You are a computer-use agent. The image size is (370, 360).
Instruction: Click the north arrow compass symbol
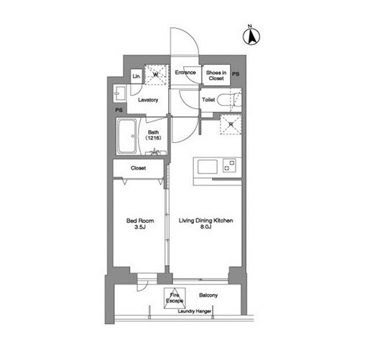[x=251, y=37]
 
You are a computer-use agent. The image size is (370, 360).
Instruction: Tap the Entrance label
[x=185, y=73]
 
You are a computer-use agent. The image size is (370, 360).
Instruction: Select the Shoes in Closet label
[x=216, y=75]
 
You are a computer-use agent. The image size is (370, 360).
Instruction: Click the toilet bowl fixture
[x=229, y=100]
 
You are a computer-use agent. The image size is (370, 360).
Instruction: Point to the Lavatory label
[x=148, y=100]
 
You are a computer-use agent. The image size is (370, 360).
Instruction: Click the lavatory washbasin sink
[x=119, y=93]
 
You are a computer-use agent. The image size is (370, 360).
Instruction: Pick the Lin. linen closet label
[x=137, y=76]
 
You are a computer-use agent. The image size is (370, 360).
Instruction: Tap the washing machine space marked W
[x=156, y=75]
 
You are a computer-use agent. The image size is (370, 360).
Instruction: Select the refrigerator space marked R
[x=231, y=124]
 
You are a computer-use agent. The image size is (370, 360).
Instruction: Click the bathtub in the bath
[x=126, y=136]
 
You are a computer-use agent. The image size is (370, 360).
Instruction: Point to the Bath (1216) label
[x=153, y=135]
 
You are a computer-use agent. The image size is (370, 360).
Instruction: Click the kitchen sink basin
[x=208, y=167]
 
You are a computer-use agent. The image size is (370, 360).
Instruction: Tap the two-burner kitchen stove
[x=229, y=165]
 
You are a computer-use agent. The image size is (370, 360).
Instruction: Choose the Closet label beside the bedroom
[x=139, y=168]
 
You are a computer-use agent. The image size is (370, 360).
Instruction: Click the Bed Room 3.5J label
[x=140, y=223]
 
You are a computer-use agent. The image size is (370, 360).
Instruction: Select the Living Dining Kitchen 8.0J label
[x=205, y=223]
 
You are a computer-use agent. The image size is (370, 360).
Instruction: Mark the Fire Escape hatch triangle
[x=175, y=298]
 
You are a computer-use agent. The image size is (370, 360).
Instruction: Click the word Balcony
[x=208, y=295]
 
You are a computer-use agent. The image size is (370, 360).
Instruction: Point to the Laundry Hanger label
[x=195, y=311]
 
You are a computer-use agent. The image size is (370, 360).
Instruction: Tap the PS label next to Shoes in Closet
[x=236, y=74]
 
